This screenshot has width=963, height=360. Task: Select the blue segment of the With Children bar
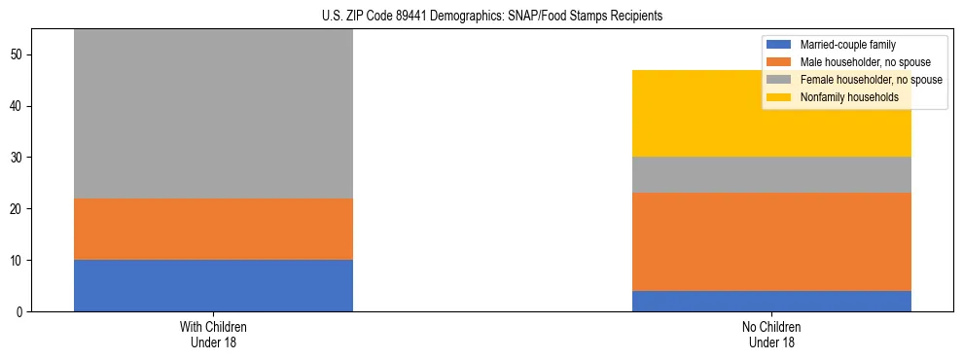tap(213, 285)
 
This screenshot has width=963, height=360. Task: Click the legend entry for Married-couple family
tap(847, 45)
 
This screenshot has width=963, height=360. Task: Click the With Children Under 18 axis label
tap(213, 334)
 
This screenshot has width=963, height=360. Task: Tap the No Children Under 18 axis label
tap(771, 334)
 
